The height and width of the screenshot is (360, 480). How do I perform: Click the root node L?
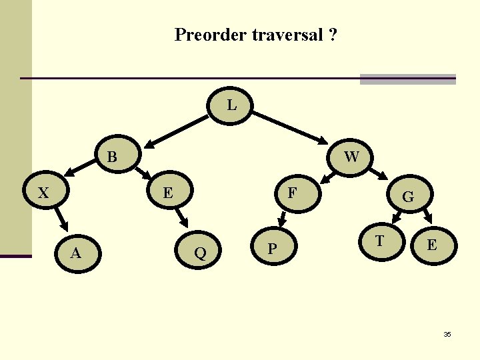coord(231,106)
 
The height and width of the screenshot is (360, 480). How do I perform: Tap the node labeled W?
coord(351,157)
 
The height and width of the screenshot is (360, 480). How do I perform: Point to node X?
coord(44,193)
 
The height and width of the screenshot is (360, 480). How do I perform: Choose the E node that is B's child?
coord(169,193)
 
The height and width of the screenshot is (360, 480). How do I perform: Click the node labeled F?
coord(291,193)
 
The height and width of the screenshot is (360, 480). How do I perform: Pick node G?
coord(408,197)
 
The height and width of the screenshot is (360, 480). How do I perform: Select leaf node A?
coord(77,252)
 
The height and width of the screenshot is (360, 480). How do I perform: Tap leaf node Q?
coord(199,252)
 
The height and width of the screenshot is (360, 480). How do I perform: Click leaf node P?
coord(271,249)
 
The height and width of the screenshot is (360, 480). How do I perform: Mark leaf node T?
coord(379,241)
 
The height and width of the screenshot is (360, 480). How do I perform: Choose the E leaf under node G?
coord(432,245)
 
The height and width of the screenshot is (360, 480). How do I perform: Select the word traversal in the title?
coord(287,35)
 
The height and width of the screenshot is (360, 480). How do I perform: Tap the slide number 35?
coord(447,334)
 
